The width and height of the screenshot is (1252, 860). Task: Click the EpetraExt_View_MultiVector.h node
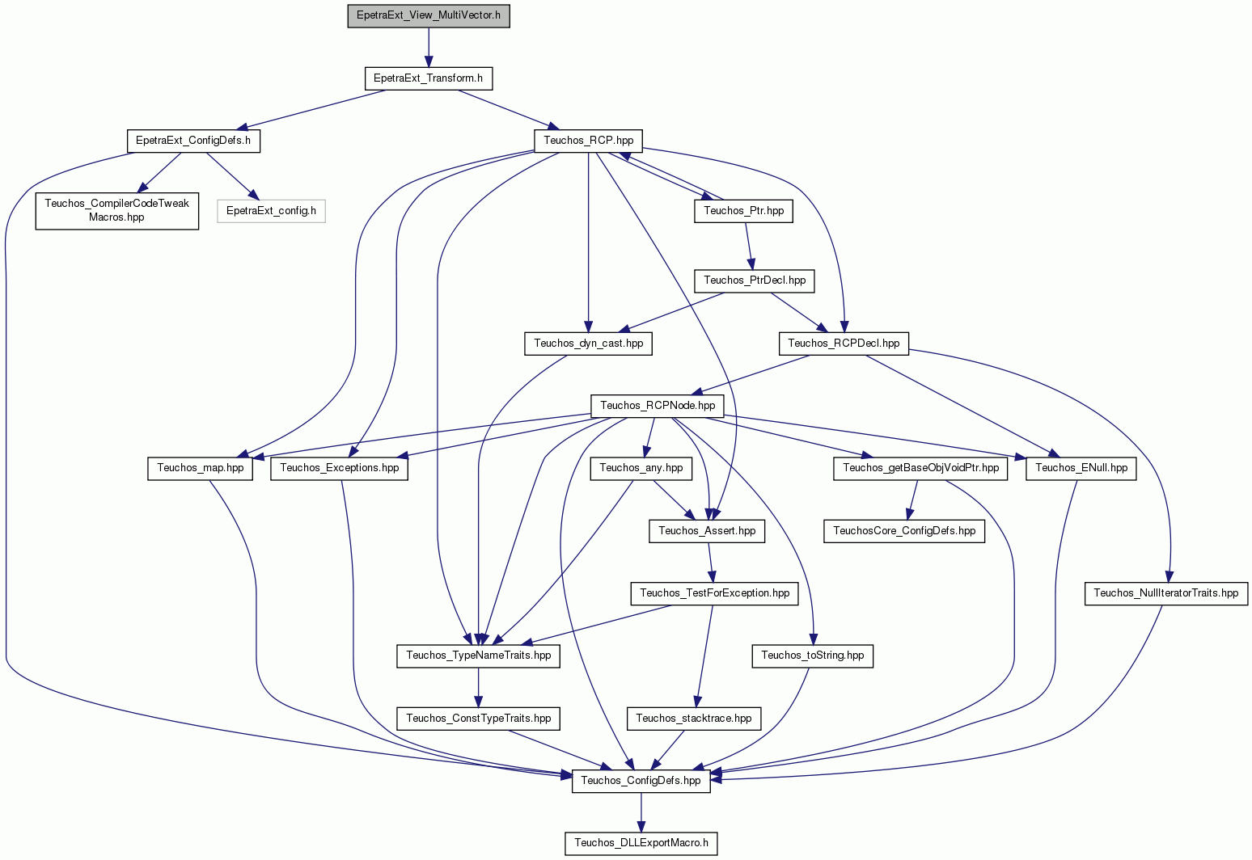[429, 15]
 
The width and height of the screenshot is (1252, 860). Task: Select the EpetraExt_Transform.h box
[429, 78]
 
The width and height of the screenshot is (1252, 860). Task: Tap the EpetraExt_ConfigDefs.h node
[193, 141]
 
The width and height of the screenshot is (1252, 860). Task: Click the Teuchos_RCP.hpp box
[588, 141]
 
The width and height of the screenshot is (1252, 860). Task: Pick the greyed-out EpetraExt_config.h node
[271, 211]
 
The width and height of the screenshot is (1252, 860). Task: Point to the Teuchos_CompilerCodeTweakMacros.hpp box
[116, 210]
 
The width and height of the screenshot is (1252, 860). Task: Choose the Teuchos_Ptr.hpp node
[743, 211]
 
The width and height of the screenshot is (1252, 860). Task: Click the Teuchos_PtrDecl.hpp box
[755, 280]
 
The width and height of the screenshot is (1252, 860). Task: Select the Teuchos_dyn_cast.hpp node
[588, 344]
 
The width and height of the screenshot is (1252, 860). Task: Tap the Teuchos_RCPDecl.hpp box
[844, 344]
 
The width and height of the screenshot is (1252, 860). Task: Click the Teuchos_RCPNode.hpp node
[658, 406]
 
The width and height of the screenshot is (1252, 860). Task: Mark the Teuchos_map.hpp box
[200, 468]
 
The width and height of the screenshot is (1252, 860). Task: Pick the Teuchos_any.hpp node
[641, 468]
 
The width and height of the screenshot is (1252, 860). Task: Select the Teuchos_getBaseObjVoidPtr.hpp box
[920, 468]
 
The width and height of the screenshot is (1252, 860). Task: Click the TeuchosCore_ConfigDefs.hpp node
[904, 531]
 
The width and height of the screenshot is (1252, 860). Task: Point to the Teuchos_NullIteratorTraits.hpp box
[1166, 593]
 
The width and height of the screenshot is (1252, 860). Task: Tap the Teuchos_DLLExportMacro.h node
[641, 843]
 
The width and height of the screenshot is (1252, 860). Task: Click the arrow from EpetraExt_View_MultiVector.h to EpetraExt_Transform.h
[429, 48]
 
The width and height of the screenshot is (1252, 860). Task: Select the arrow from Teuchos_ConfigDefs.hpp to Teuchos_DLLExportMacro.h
[641, 812]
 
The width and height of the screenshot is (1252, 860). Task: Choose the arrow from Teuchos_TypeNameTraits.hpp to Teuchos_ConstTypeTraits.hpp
[479, 688]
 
